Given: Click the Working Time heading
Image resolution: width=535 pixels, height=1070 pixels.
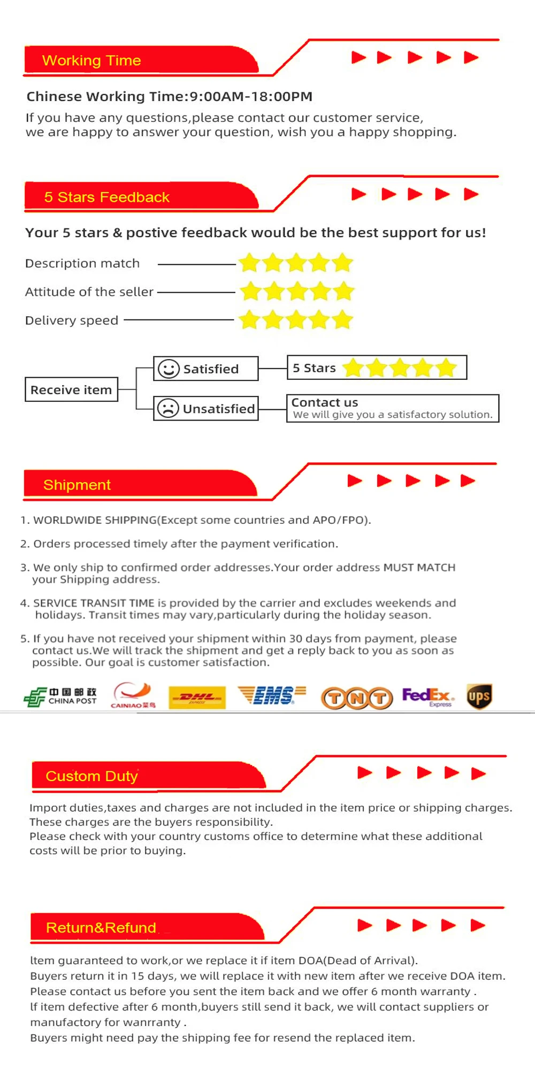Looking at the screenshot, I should pyautogui.click(x=91, y=60).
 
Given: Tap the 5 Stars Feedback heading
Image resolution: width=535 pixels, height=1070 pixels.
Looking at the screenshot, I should pyautogui.click(x=106, y=197).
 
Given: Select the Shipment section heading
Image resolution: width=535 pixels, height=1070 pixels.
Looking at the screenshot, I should pyautogui.click(x=77, y=485).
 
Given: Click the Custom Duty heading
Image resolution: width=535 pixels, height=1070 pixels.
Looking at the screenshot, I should pyautogui.click(x=91, y=776).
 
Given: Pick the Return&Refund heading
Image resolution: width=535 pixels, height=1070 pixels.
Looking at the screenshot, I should pyautogui.click(x=101, y=927).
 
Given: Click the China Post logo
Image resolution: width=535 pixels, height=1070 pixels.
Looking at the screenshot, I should pyautogui.click(x=60, y=697).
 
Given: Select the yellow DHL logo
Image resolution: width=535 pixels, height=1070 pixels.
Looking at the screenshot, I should pyautogui.click(x=197, y=697).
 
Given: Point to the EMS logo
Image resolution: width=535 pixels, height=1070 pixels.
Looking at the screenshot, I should pyautogui.click(x=272, y=695).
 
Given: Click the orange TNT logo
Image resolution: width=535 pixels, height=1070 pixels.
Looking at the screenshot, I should pyautogui.click(x=357, y=698).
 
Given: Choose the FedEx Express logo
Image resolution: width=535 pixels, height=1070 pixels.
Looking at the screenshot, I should pyautogui.click(x=428, y=697).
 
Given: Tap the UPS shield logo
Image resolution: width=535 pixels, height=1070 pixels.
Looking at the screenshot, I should pyautogui.click(x=479, y=696).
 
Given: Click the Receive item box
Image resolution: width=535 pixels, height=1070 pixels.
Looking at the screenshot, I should pyautogui.click(x=71, y=389).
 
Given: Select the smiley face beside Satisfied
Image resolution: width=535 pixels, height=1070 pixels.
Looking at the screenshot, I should pyautogui.click(x=169, y=369).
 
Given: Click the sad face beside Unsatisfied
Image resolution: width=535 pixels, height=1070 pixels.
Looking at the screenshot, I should pyautogui.click(x=168, y=409).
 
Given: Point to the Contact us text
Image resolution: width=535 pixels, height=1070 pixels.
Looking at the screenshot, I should pyautogui.click(x=325, y=402).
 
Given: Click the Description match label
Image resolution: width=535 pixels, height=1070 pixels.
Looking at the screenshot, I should pyautogui.click(x=82, y=263).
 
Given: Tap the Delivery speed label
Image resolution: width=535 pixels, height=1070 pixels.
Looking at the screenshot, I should pyautogui.click(x=72, y=320).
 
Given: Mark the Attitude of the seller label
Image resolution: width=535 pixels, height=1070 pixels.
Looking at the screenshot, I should pyautogui.click(x=89, y=292).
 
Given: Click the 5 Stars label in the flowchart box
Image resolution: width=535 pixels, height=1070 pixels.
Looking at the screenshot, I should pyautogui.click(x=314, y=368).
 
